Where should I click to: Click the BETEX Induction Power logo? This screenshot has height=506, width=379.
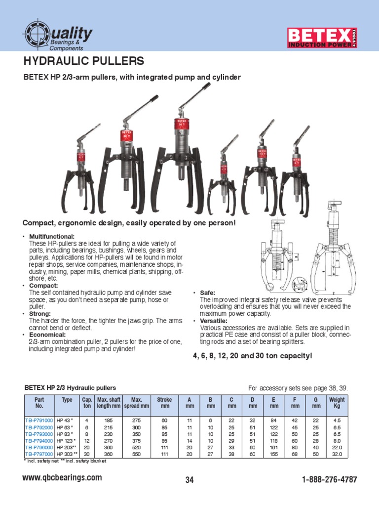pyautogui.click(x=322, y=38)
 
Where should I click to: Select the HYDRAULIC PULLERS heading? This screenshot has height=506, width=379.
pyautogui.click(x=84, y=61)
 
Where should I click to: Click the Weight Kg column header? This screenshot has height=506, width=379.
pyautogui.click(x=337, y=402)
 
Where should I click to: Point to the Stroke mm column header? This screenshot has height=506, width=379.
pyautogui.click(x=164, y=402)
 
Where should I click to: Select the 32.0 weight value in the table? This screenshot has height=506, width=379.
pyautogui.click(x=337, y=453)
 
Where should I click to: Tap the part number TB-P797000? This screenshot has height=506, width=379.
pyautogui.click(x=39, y=453)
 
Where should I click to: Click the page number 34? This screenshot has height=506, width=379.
pyautogui.click(x=190, y=480)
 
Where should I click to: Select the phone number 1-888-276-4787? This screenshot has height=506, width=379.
pyautogui.click(x=329, y=480)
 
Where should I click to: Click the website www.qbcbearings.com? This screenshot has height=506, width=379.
pyautogui.click(x=63, y=478)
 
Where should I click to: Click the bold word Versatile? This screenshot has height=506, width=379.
pyautogui.click(x=213, y=321)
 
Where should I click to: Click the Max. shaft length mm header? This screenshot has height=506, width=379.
pyautogui.click(x=109, y=402)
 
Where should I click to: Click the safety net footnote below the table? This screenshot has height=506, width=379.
pyautogui.click(x=45, y=461)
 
